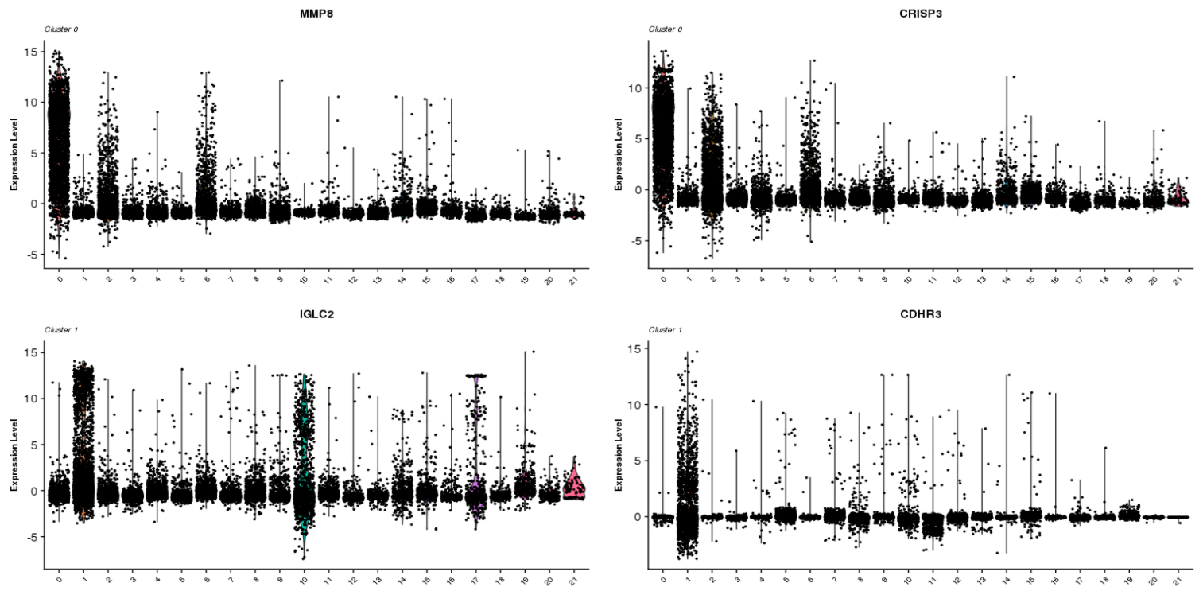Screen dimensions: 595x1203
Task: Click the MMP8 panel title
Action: (316, 14)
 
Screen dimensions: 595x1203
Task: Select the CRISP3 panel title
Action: (921, 14)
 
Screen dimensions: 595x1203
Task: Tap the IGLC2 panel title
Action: (316, 314)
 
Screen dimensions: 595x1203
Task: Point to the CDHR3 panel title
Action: (921, 314)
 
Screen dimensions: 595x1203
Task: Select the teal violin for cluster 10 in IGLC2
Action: (303, 445)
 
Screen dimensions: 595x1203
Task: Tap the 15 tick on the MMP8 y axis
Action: (32, 52)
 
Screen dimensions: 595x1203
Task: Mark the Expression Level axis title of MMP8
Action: (14, 154)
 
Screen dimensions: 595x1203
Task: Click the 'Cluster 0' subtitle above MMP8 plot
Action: (60, 29)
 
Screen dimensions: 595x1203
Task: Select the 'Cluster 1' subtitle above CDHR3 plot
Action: (665, 329)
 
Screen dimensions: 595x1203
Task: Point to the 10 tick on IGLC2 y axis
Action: (32, 398)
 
